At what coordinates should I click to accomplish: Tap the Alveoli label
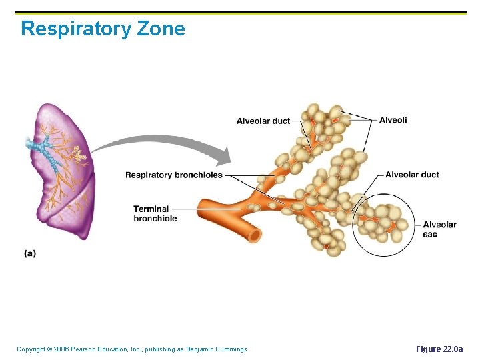(393, 120)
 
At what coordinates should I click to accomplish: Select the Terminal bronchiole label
(155, 213)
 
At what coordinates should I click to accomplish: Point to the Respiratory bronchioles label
(174, 175)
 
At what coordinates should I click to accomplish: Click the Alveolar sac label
(439, 229)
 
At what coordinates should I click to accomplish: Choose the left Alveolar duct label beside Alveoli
(263, 121)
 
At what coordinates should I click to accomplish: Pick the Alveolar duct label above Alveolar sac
(412, 175)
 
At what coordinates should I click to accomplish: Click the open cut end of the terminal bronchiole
(254, 235)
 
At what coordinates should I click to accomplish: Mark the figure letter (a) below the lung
(30, 253)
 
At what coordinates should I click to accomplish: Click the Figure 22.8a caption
(439, 349)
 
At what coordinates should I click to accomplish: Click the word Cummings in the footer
(229, 349)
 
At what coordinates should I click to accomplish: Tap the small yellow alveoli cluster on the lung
(79, 155)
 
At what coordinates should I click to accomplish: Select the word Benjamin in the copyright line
(193, 349)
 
